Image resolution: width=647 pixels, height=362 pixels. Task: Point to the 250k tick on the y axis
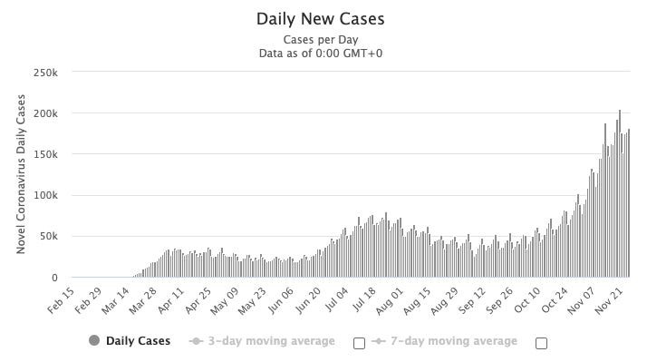46,73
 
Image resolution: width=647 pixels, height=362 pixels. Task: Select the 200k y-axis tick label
46,113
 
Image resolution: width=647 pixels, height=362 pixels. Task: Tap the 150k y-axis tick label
46,154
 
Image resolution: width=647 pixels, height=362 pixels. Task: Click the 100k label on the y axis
46,195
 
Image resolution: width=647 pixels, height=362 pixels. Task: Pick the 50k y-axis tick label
49,237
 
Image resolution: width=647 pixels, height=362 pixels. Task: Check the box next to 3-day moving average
358,343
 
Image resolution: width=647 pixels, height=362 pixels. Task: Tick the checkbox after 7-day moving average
541,343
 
